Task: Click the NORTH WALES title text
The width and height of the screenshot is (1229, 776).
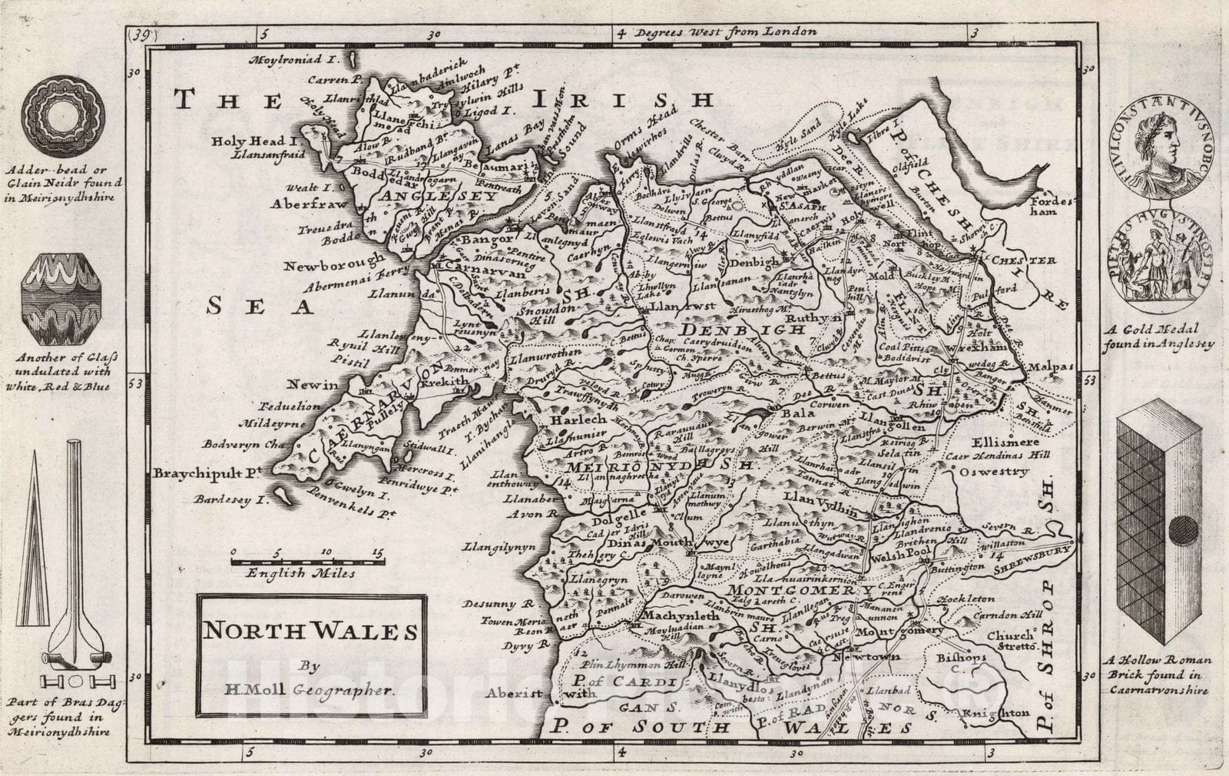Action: point(310,632)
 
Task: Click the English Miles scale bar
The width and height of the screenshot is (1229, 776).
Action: point(308,562)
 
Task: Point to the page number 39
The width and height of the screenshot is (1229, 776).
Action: point(140,34)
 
